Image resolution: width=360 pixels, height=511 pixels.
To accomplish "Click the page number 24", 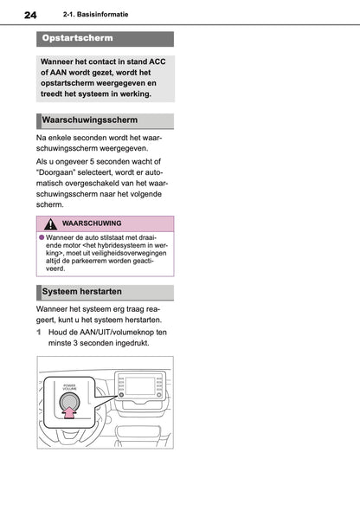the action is (x=30, y=16).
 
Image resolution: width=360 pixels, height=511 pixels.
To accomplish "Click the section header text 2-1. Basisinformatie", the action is (x=96, y=16).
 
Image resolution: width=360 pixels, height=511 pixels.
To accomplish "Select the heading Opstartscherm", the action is (x=78, y=39).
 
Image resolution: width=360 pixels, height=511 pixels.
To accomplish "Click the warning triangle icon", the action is (x=51, y=223).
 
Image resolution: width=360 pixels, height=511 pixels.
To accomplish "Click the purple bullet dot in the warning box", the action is (x=41, y=237).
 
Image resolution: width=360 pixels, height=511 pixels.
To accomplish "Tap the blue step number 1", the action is (x=39, y=332).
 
